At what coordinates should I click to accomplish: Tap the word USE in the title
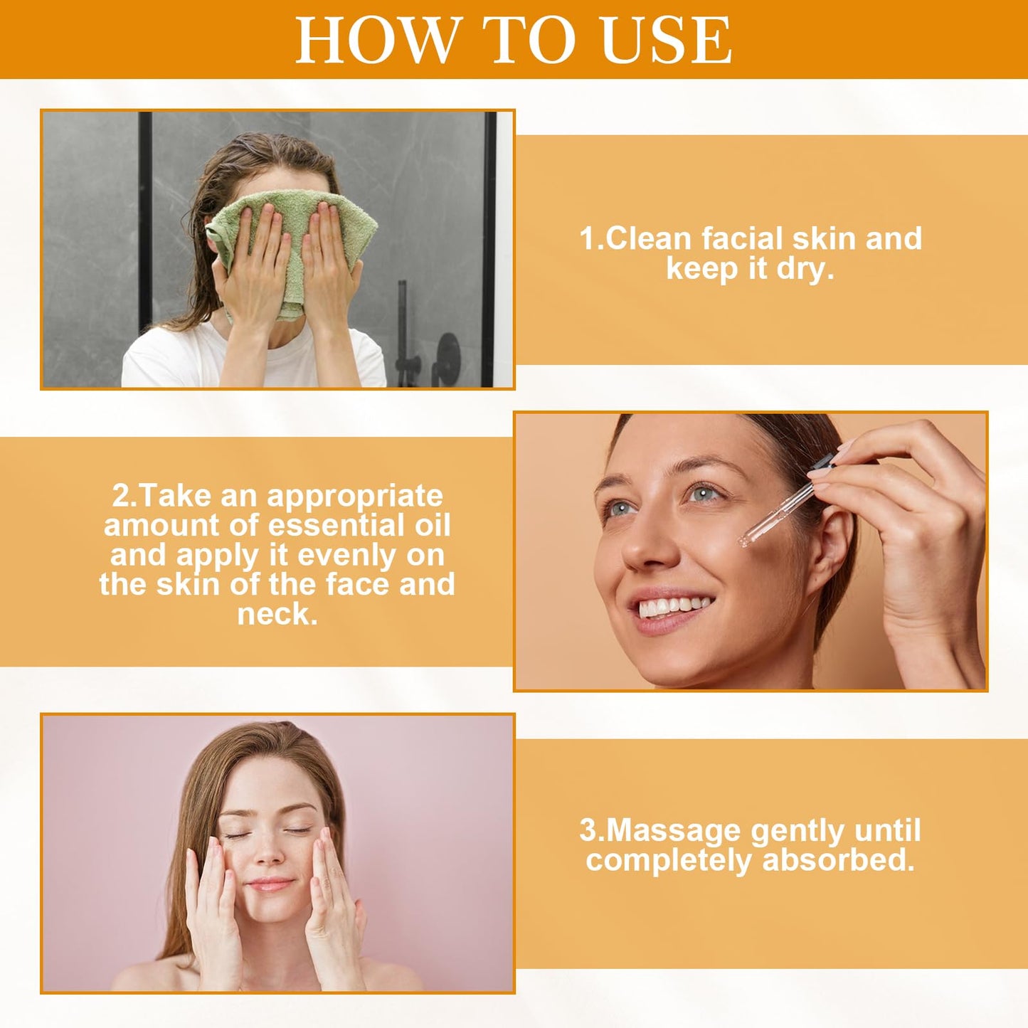(667, 41)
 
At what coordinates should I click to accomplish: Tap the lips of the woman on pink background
(270, 884)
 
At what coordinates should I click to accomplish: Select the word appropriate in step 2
(355, 496)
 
